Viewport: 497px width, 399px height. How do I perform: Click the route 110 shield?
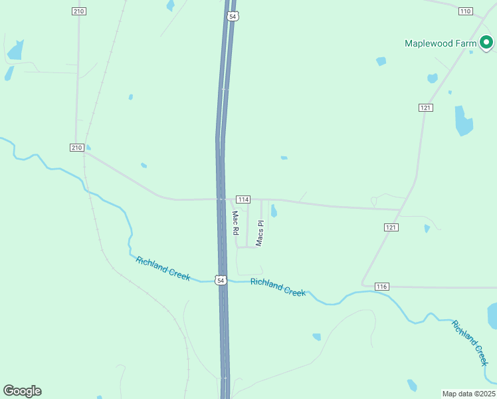465,11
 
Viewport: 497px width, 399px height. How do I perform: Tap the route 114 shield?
243,199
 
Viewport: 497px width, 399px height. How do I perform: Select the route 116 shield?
381,286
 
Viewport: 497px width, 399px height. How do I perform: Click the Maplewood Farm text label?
441,44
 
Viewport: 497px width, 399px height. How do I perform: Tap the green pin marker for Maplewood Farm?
486,43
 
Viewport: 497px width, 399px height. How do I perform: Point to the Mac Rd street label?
235,223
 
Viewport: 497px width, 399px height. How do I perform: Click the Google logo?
22,391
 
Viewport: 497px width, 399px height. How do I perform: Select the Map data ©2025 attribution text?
468,394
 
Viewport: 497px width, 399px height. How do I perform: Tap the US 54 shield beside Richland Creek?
221,281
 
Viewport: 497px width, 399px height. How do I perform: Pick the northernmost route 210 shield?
79,11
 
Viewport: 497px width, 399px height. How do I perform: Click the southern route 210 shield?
76,147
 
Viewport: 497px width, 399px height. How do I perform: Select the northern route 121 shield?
426,107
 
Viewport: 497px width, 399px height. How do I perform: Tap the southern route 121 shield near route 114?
391,227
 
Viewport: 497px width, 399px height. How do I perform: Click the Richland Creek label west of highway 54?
163,268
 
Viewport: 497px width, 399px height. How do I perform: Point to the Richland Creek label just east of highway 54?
278,287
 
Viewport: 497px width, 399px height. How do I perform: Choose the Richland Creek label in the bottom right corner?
470,342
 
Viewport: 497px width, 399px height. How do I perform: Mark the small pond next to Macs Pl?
274,211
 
